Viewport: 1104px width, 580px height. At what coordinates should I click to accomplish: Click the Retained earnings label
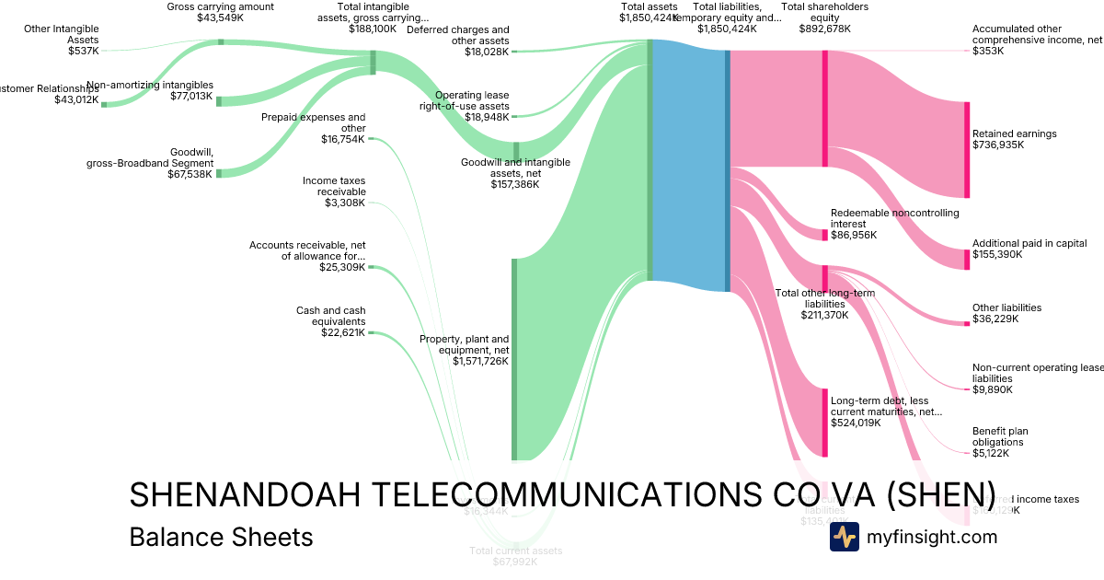click(1014, 133)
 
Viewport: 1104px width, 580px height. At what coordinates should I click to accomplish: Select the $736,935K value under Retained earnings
click(998, 145)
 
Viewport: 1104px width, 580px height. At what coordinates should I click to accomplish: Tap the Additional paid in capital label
click(1029, 244)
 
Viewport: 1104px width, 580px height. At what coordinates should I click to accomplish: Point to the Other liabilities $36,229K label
click(1006, 313)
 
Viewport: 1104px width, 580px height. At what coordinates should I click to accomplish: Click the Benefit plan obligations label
click(1000, 436)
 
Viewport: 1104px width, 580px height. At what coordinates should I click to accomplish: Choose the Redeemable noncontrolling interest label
click(894, 218)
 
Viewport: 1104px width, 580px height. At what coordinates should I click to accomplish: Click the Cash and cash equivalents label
click(330, 316)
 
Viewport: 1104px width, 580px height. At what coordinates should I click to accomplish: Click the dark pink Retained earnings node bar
click(967, 149)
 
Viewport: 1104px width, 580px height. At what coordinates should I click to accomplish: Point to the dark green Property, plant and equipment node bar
click(514, 359)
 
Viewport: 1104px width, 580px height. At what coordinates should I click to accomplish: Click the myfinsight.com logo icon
click(844, 537)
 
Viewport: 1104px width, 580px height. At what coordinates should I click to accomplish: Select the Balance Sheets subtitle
click(221, 537)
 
